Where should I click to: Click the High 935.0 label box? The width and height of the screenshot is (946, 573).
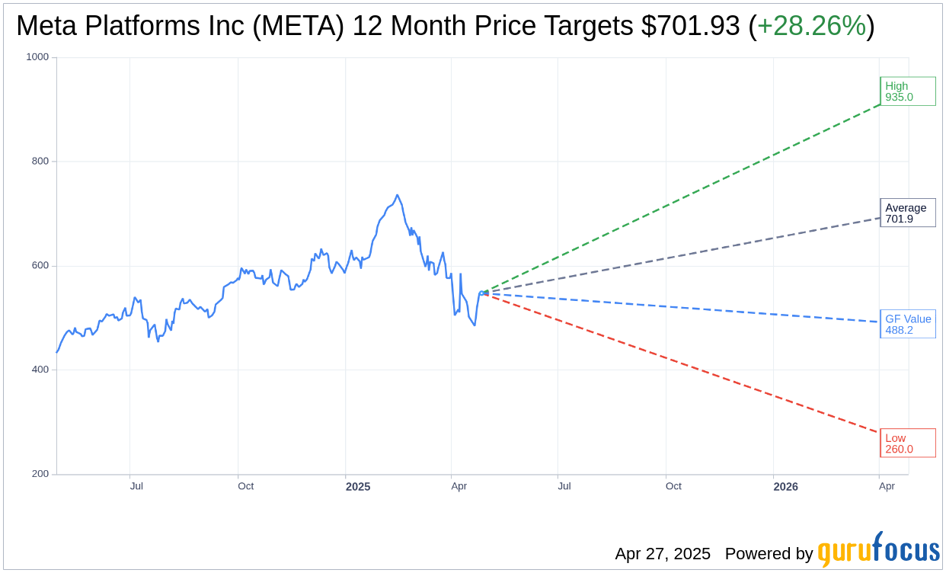coord(907,91)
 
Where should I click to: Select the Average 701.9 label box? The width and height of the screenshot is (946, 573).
coord(907,213)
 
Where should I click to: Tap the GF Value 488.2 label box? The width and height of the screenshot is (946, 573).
coord(907,324)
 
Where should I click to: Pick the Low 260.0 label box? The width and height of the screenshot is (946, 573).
coord(907,443)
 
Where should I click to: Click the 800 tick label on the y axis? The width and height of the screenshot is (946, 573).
coord(40,162)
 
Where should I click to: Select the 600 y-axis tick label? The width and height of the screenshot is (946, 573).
coord(40,266)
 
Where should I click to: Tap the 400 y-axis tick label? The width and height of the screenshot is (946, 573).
coord(40,370)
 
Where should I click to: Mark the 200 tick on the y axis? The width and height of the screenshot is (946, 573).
coord(40,474)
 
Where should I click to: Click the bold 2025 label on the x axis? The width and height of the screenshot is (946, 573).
coord(357,486)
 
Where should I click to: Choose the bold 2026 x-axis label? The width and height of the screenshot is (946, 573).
coord(785,486)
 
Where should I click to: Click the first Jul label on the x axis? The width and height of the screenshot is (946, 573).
coord(136,486)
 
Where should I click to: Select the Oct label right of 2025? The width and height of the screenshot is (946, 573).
coord(673,486)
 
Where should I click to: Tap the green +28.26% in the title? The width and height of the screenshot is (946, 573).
coord(811,27)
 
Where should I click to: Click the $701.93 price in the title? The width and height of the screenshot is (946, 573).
coord(690,27)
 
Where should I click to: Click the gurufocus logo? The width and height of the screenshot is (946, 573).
coord(878,550)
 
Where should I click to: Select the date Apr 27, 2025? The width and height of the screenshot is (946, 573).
coord(663,554)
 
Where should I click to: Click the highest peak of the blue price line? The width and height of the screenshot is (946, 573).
coord(397,195)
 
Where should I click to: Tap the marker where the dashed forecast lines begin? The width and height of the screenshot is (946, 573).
coord(481,293)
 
